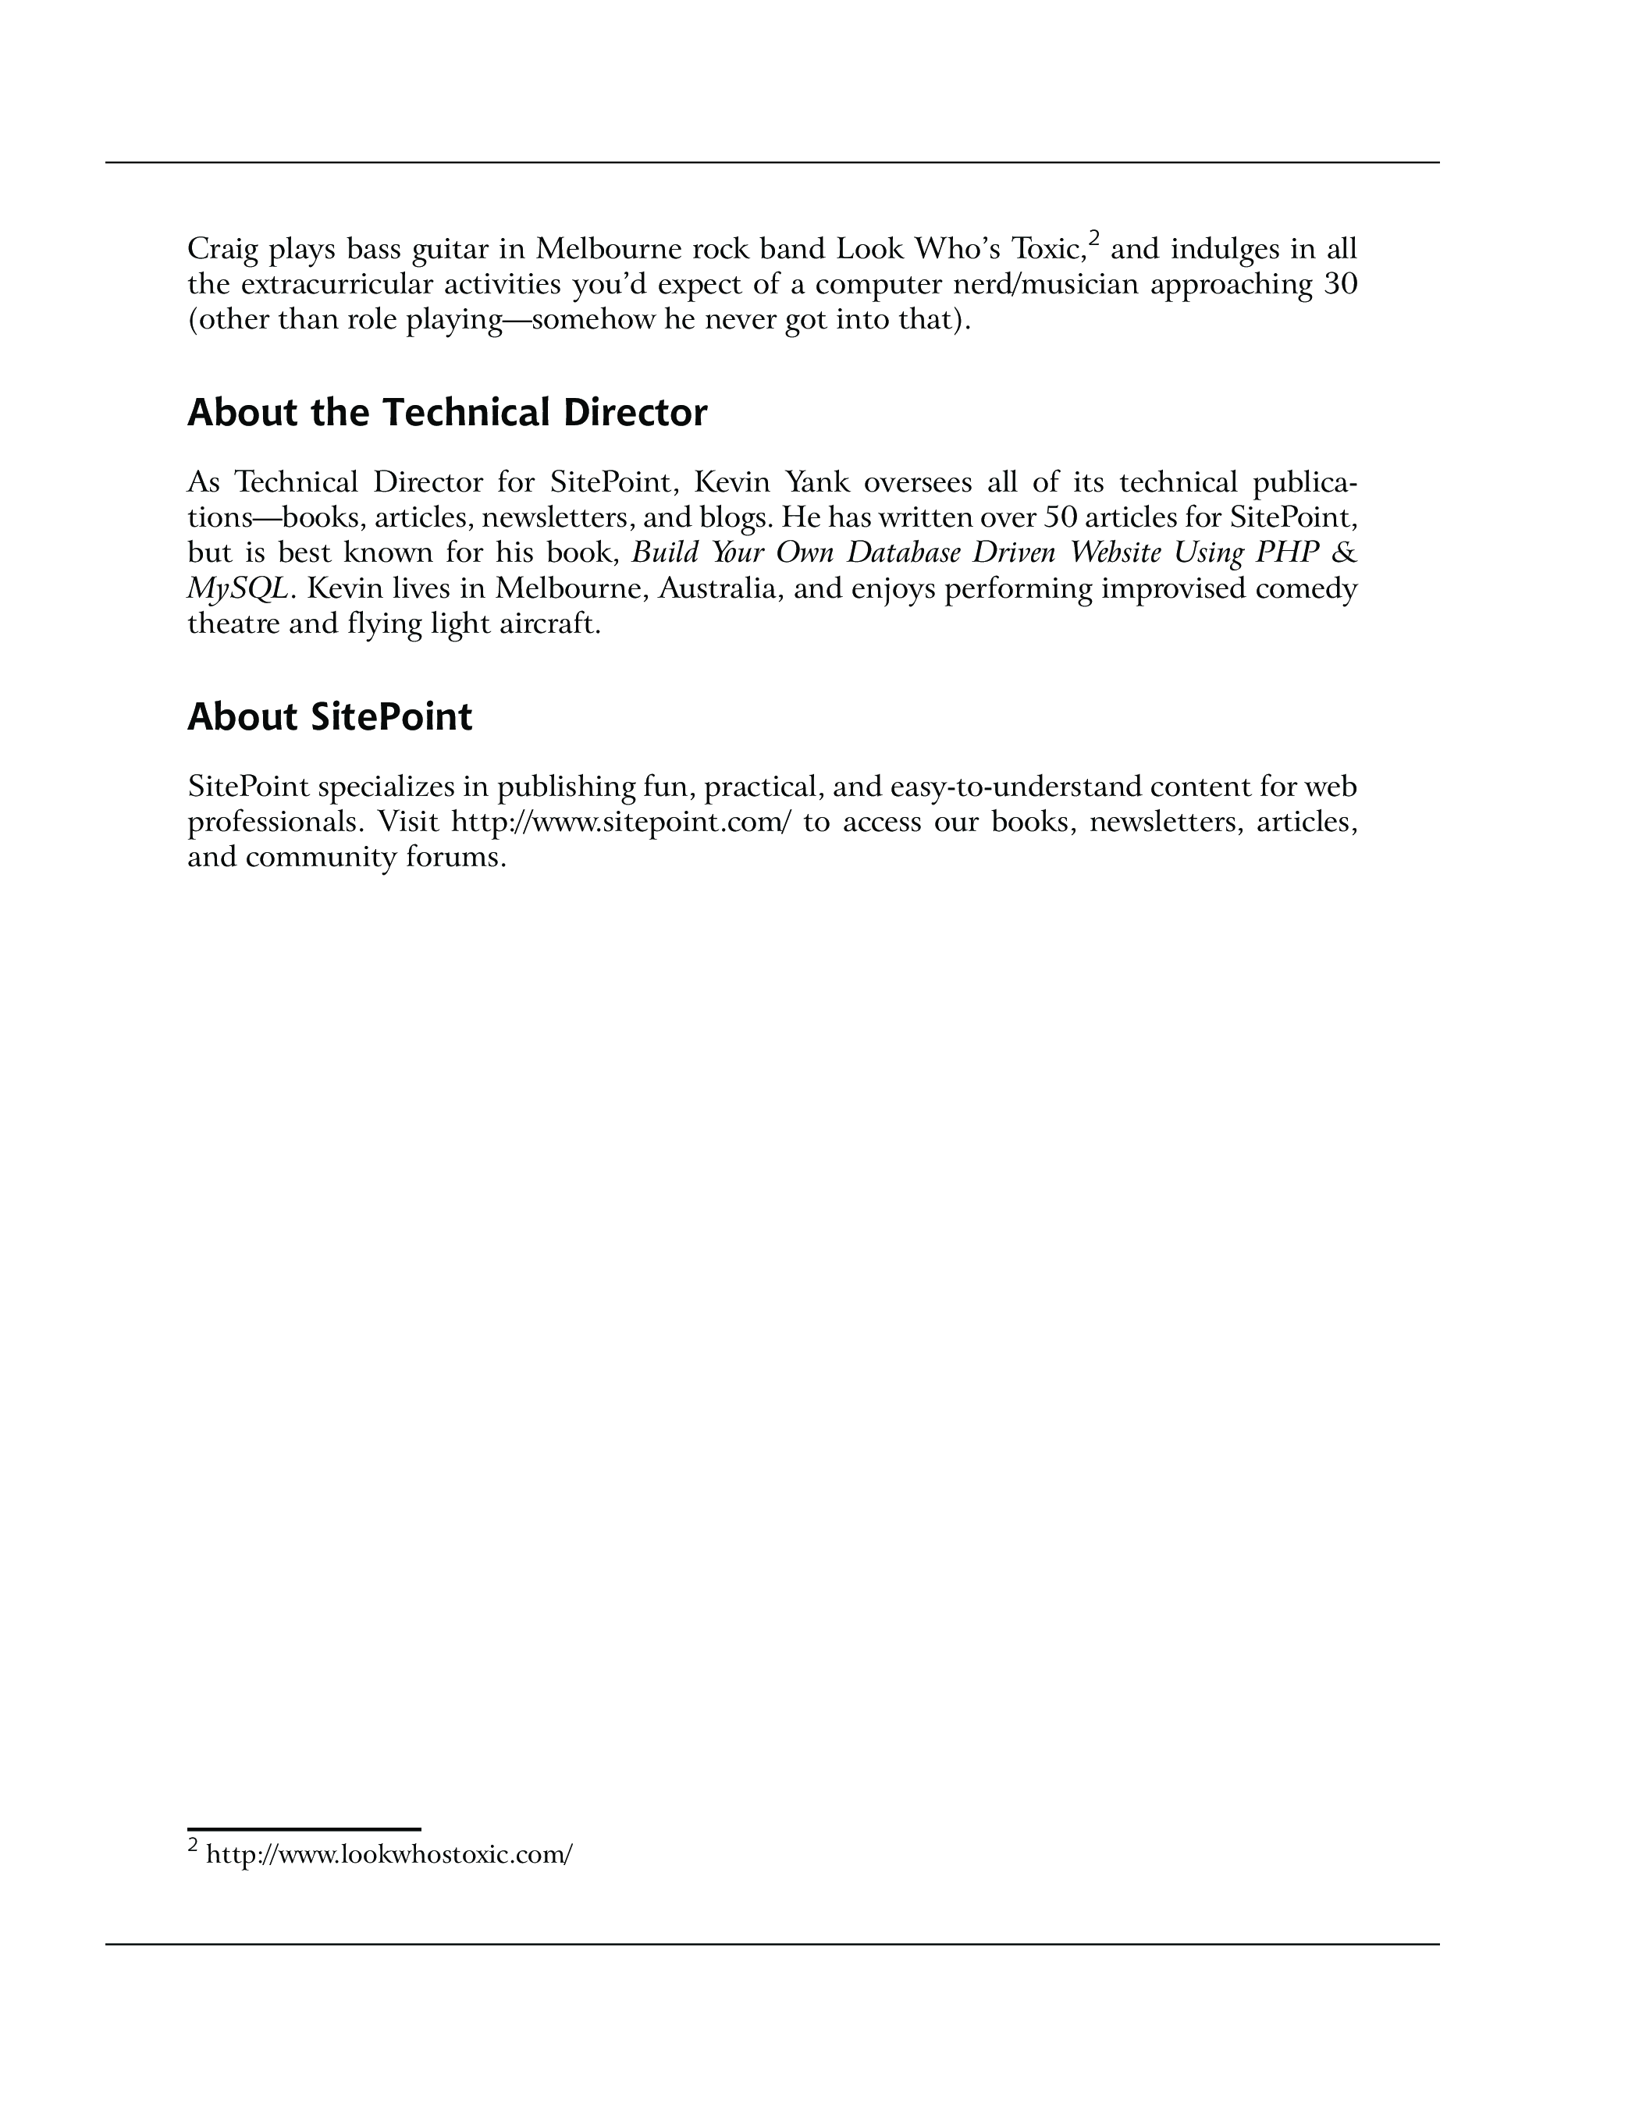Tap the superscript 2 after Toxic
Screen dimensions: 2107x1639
1094,237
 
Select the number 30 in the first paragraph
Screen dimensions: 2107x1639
1340,285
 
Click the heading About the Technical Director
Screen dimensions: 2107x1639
446,413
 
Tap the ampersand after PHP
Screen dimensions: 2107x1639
1345,553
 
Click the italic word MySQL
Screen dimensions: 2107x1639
237,588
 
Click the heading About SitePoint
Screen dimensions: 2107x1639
330,718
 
